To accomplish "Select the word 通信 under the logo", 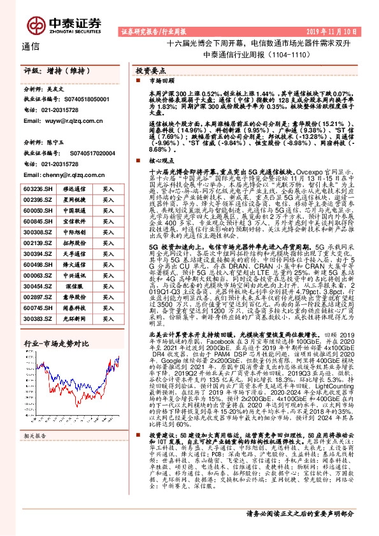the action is click(31, 46).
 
